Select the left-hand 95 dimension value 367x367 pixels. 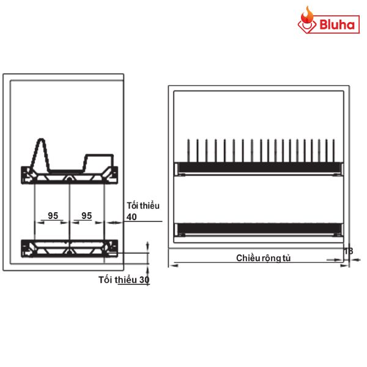coord(53,215)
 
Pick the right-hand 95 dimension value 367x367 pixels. coord(87,215)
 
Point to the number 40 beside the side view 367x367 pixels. coord(132,217)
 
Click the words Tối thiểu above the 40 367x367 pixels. coord(143,206)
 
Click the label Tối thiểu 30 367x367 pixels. coord(124,280)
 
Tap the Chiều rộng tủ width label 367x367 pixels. coord(264,258)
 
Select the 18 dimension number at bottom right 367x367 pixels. coord(348,251)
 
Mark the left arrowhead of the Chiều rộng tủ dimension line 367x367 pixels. coord(174,264)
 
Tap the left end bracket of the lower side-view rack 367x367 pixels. coord(26,248)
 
